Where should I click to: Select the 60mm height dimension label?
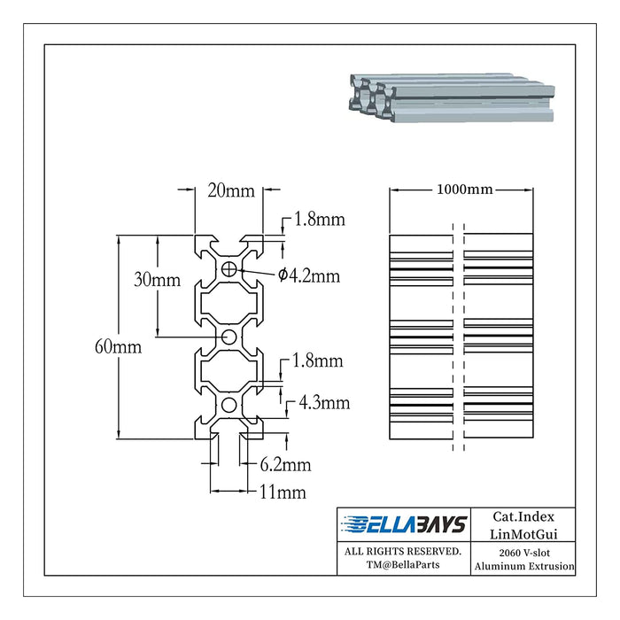pyautogui.click(x=118, y=347)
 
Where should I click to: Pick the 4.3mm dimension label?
pyautogui.click(x=324, y=403)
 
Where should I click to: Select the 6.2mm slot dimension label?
pyautogui.click(x=285, y=464)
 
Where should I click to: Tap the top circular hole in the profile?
pyautogui.click(x=230, y=268)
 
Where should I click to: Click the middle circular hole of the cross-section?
pyautogui.click(x=229, y=337)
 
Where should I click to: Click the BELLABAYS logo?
pyautogui.click(x=404, y=525)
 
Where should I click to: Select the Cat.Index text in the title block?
pyautogui.click(x=523, y=516)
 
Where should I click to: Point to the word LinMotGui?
pyautogui.click(x=523, y=533)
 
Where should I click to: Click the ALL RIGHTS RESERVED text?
pyautogui.click(x=403, y=551)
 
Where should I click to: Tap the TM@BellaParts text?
pyautogui.click(x=403, y=566)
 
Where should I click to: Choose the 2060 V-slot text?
pyautogui.click(x=523, y=551)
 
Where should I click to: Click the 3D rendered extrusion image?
pyautogui.click(x=451, y=96)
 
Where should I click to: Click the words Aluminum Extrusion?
pyautogui.click(x=523, y=566)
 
